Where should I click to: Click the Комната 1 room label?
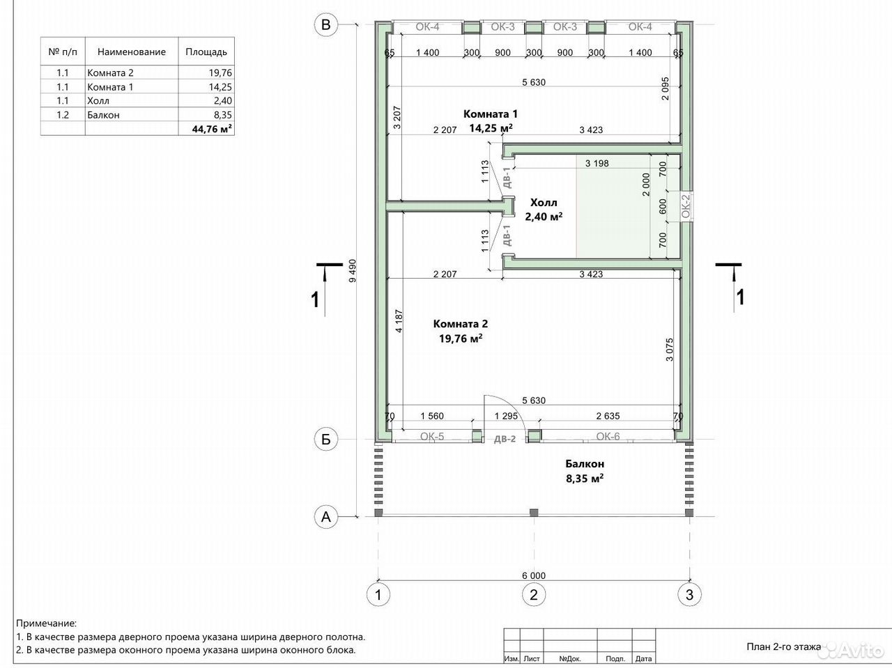(491, 114)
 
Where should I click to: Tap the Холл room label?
(544, 202)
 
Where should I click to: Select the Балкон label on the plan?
(585, 464)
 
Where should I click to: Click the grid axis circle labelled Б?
(326, 439)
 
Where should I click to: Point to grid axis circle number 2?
(534, 595)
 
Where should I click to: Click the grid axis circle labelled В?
(326, 25)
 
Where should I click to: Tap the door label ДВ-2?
(505, 439)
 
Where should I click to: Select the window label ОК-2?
(686, 206)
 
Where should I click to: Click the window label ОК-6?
(608, 437)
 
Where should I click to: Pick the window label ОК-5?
(432, 437)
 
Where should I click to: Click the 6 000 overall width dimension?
(534, 575)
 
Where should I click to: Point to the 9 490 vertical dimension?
(353, 271)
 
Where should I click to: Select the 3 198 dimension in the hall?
(597, 163)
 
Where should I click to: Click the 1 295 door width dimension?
(506, 416)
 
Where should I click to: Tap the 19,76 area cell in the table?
(220, 72)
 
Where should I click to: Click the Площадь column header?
(206, 52)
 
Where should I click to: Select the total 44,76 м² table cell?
(212, 129)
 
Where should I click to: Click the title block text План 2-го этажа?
(783, 646)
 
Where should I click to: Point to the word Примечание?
(46, 623)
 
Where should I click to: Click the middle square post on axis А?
(534, 513)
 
